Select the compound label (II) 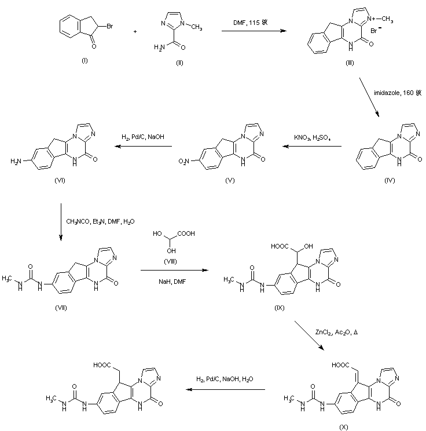point(179,63)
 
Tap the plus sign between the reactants point(135,30)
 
